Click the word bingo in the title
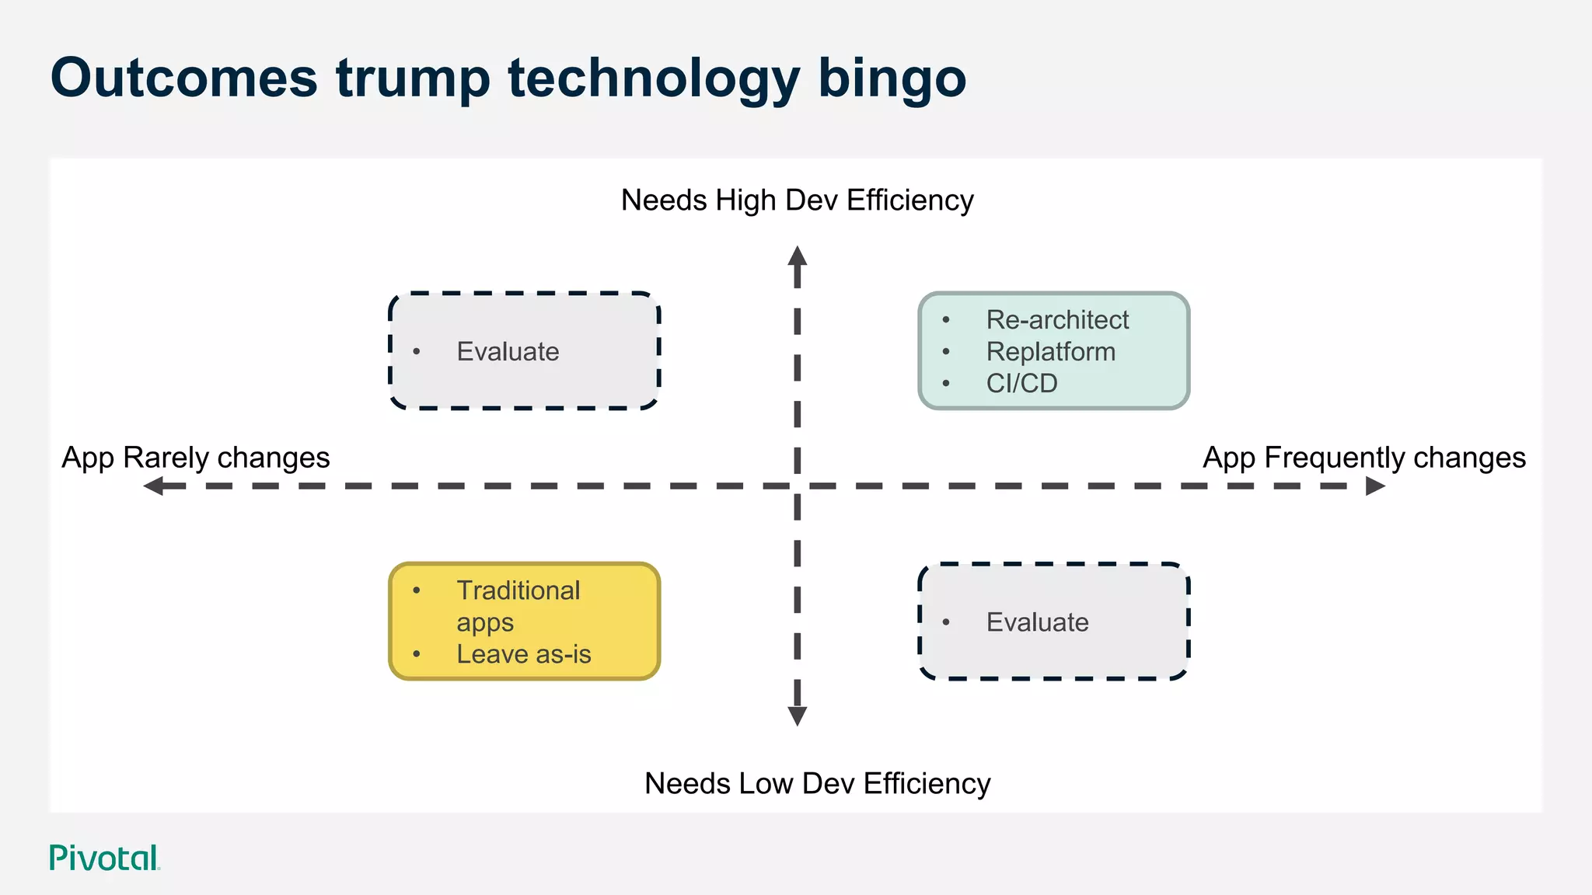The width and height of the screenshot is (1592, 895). point(892,79)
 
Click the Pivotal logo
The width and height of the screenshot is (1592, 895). point(104,858)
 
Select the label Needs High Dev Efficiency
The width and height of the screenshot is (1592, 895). point(797,200)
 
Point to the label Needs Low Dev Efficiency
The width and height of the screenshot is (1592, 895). point(817,783)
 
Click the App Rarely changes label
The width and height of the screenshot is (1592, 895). point(196,458)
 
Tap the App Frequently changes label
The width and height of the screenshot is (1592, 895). point(1364,458)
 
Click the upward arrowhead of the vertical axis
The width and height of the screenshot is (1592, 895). point(798,256)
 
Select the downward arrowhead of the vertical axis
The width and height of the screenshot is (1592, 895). point(798,716)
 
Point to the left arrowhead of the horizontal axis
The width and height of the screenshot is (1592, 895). point(154,486)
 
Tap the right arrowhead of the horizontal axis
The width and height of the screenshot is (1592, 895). point(1375,486)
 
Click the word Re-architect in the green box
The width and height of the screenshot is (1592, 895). point(1057,319)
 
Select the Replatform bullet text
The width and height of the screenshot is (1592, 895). point(1050,351)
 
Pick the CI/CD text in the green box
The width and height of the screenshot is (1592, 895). point(1021,383)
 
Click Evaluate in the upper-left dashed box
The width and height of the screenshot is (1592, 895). point(508,351)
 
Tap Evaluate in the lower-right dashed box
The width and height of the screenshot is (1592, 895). point(1037,622)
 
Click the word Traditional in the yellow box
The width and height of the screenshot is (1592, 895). point(518,590)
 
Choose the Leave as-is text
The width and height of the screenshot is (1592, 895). point(523,654)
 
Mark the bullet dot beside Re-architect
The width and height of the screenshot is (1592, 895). point(946,320)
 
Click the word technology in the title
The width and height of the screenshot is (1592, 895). point(654,79)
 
